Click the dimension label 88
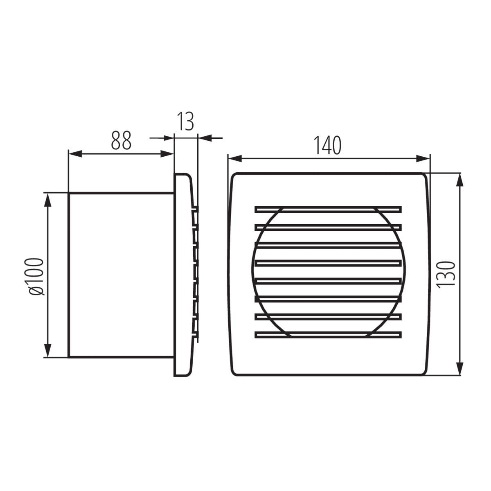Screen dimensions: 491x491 coord(121,140)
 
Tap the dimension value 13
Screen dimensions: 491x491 coord(185,121)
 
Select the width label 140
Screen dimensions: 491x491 coord(327,146)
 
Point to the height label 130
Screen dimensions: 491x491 coord(446,275)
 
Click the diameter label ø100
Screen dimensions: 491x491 coord(37,277)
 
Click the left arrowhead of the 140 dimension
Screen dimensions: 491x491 coord(235,159)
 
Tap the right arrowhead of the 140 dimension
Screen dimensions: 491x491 coord(423,159)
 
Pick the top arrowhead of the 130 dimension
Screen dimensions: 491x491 coord(459,180)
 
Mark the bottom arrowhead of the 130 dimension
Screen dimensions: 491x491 coord(459,368)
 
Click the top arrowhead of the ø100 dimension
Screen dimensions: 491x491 coord(47,200)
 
